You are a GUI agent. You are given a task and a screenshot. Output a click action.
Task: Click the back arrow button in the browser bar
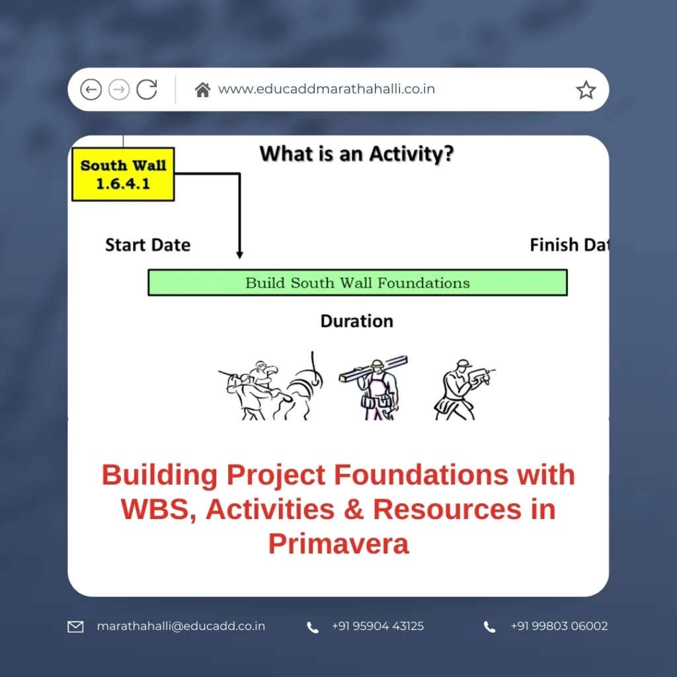(91, 89)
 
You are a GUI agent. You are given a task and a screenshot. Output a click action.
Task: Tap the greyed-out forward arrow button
(119, 89)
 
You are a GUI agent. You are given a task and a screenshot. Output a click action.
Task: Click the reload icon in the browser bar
(147, 89)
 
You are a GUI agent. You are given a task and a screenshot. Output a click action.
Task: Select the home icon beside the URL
(202, 89)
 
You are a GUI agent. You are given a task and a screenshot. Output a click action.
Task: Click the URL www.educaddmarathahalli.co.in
(327, 89)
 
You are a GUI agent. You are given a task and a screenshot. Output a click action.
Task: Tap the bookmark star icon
(586, 90)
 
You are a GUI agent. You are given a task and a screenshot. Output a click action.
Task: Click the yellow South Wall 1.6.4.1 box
(123, 174)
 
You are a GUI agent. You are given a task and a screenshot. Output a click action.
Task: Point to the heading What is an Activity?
(357, 155)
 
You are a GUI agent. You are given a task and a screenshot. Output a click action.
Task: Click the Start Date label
(147, 245)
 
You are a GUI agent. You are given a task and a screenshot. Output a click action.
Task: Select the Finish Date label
(569, 245)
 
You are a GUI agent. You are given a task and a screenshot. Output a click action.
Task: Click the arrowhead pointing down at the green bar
(239, 255)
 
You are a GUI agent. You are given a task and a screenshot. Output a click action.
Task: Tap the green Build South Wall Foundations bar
(357, 282)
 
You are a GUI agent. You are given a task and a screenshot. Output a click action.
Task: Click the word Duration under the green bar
(357, 321)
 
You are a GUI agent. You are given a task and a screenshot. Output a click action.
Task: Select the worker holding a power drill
(461, 390)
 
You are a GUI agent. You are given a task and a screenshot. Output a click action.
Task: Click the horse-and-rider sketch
(264, 390)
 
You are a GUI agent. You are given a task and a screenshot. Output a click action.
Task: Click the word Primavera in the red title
(338, 543)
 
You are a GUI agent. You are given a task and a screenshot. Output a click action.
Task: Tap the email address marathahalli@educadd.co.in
(180, 626)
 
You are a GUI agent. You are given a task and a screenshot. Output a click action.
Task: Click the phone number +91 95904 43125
(378, 626)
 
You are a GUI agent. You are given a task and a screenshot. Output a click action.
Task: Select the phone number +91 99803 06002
(559, 626)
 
